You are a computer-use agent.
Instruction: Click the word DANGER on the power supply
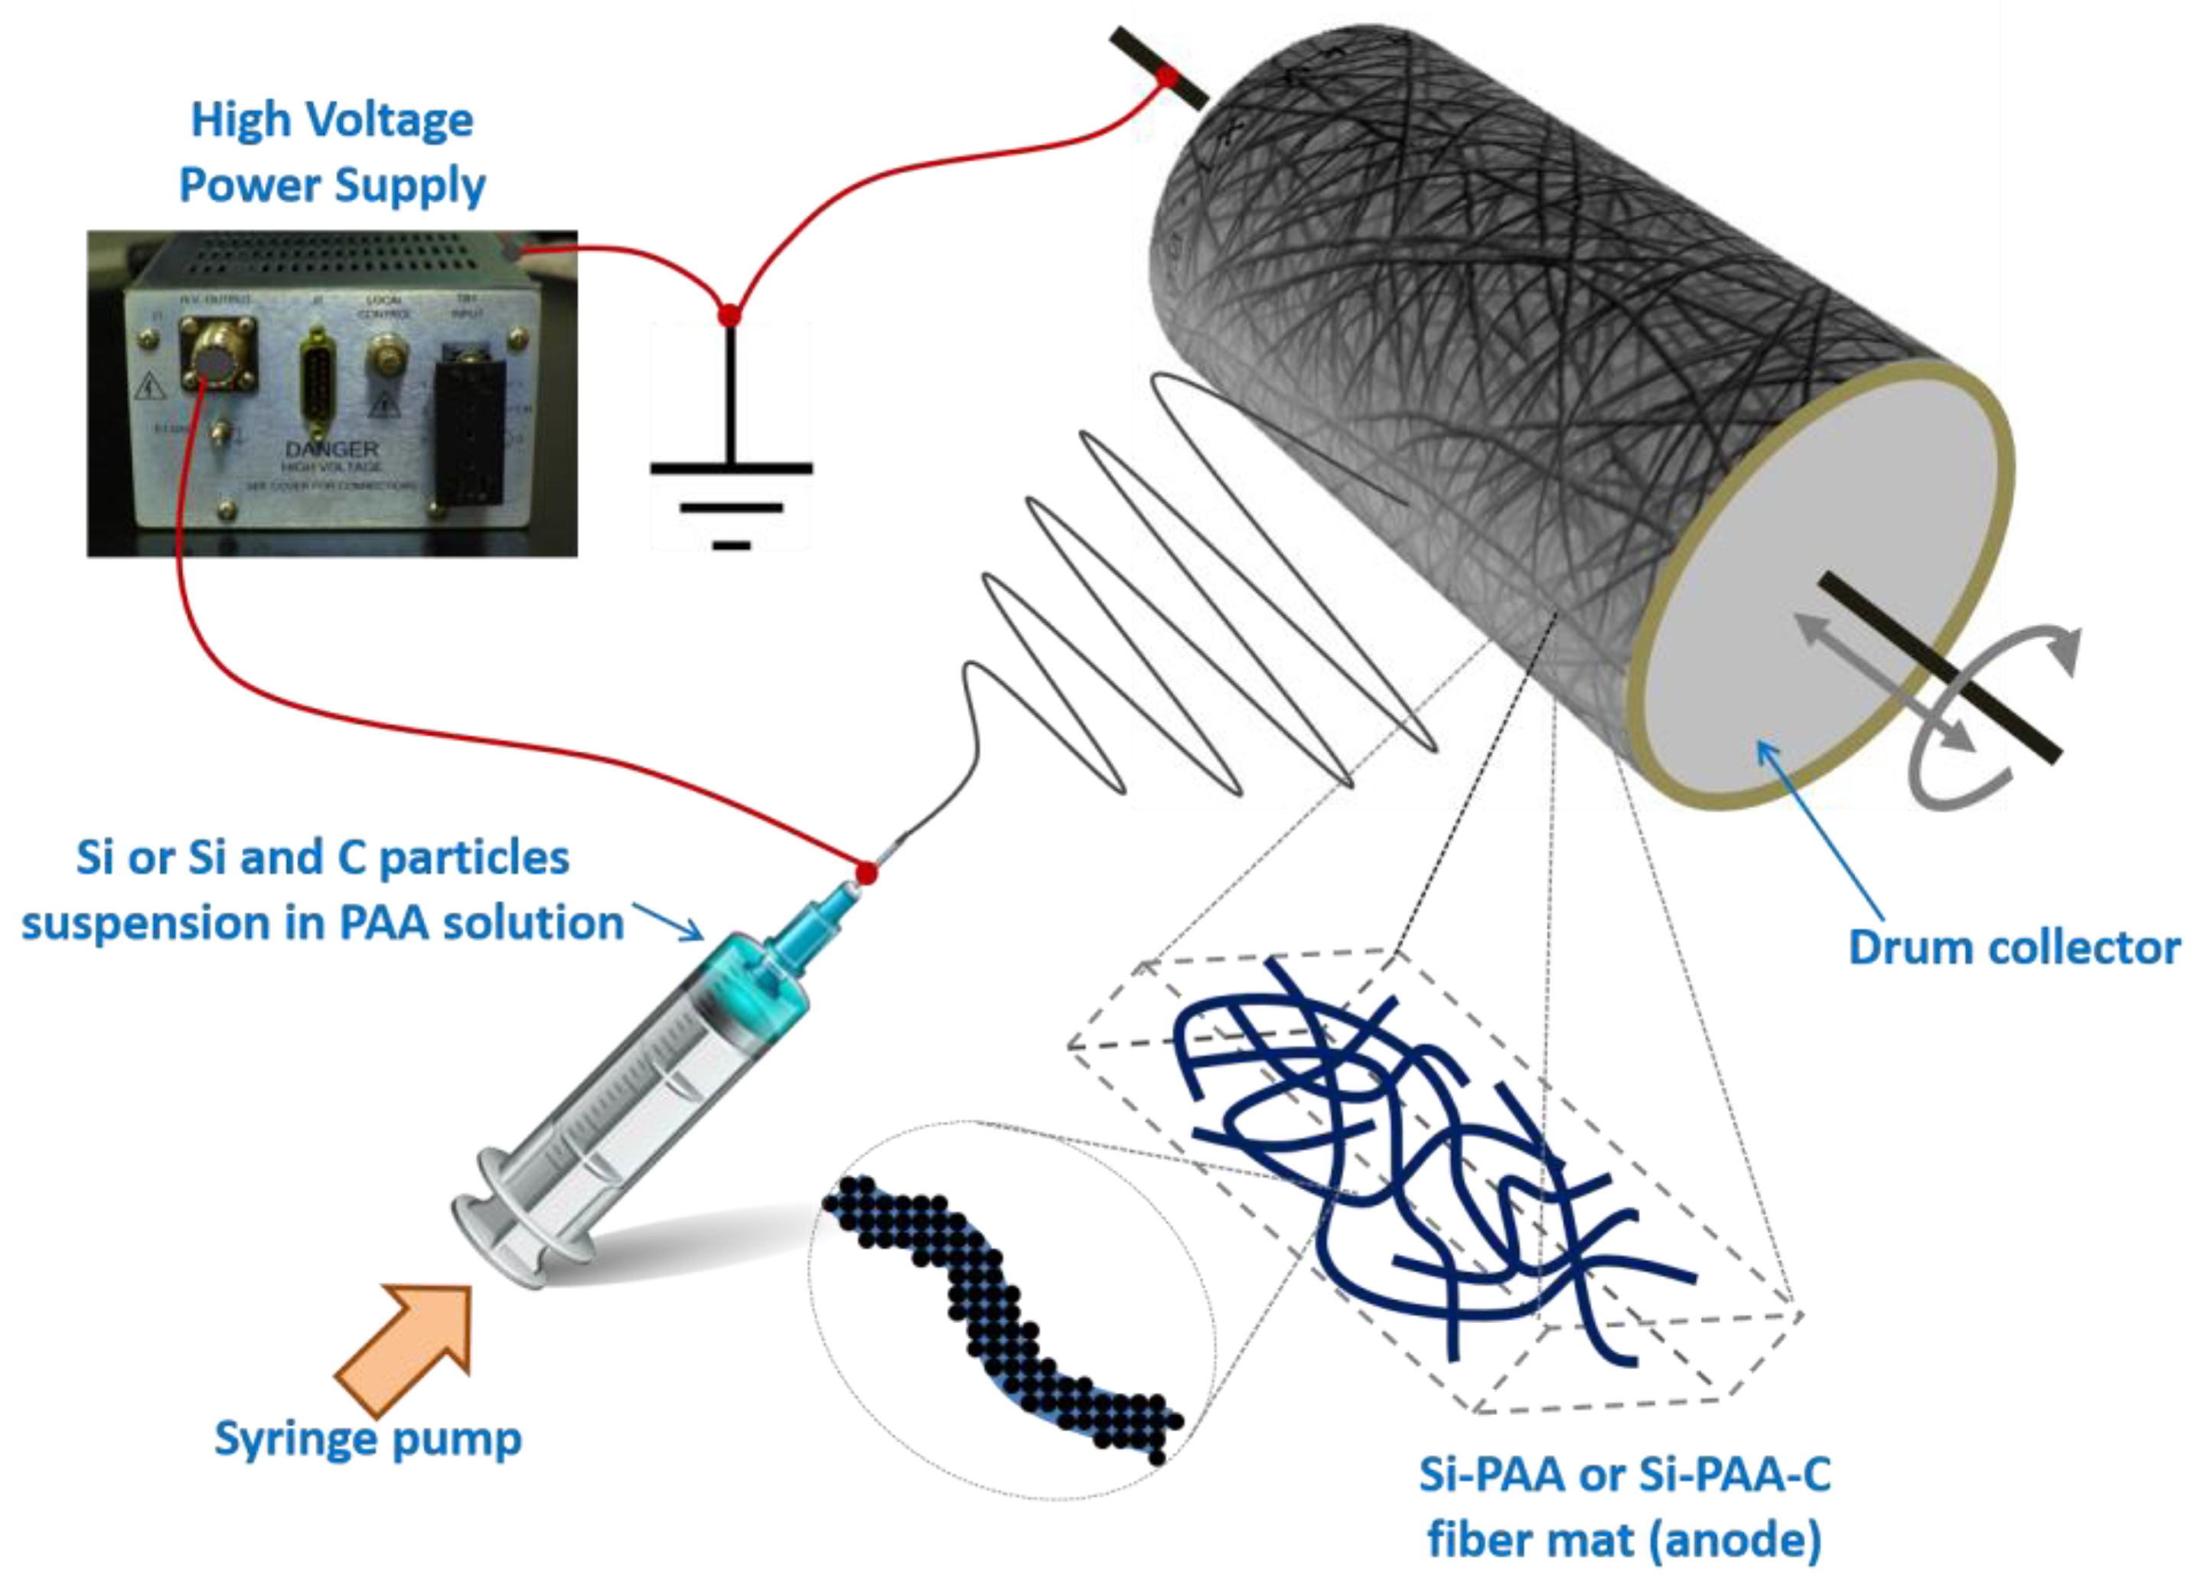331,449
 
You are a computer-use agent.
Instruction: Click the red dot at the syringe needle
866,873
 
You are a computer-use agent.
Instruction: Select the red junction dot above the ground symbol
729,315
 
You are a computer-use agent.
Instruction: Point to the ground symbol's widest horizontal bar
732,469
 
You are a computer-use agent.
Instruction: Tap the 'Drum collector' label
2013,947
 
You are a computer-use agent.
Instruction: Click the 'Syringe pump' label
367,1438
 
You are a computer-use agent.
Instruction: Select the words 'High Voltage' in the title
331,119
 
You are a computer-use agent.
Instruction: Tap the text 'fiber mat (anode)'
1624,1539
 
